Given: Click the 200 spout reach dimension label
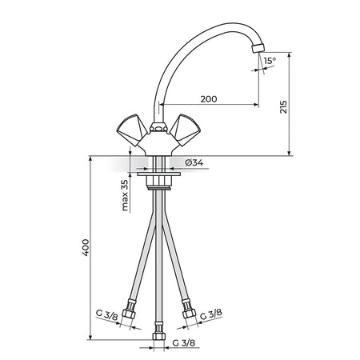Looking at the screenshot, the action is [x=209, y=99].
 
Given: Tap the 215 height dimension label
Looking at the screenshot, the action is [x=283, y=107].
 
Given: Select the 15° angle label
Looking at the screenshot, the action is [x=270, y=61].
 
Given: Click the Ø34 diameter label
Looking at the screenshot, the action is [x=194, y=162].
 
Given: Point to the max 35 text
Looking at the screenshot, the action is [x=125, y=195].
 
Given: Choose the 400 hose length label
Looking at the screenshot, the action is [x=86, y=248].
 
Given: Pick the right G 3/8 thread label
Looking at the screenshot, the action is [x=211, y=314].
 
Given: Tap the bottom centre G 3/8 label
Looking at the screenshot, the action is [x=184, y=343].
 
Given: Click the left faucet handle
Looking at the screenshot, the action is [x=132, y=130].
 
